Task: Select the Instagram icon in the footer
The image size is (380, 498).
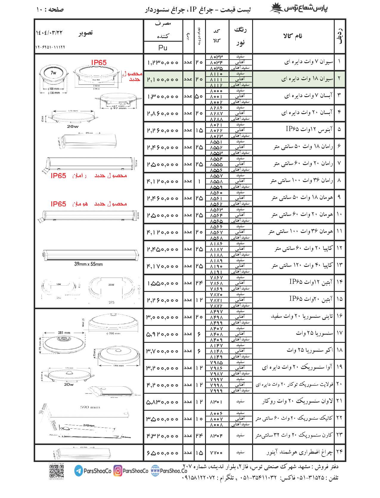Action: [118, 471]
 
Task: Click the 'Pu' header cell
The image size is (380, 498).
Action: [163, 48]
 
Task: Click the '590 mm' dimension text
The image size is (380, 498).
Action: [90, 407]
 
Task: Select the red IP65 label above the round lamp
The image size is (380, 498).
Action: [99, 62]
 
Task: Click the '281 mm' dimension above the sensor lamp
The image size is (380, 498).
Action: [64, 333]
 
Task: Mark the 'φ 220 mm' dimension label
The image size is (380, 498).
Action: [113, 333]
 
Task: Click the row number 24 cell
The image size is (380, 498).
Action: [339, 452]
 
